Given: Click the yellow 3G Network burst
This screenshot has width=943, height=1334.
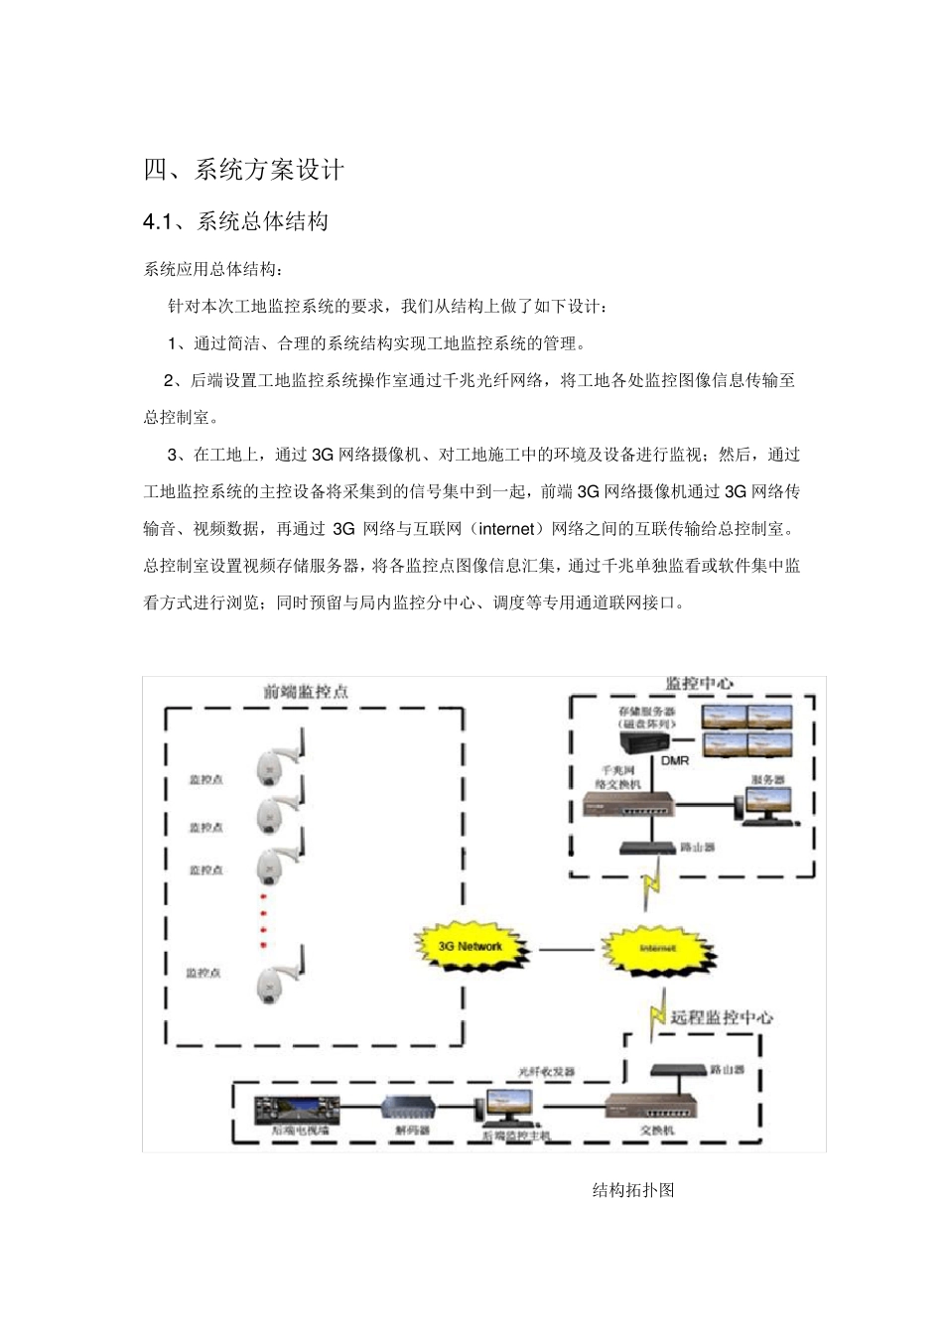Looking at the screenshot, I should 471,947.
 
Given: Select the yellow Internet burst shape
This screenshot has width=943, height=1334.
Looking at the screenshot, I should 656,949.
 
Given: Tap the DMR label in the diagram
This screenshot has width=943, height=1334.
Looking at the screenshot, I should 675,760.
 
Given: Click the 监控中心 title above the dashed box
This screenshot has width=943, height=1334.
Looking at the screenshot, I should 700,684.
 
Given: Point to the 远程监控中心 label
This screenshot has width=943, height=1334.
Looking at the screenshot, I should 722,1017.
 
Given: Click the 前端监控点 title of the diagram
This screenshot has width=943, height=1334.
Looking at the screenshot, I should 306,692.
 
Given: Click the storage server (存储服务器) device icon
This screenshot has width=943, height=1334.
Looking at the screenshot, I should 644,741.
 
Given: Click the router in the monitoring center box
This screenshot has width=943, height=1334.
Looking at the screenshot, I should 647,848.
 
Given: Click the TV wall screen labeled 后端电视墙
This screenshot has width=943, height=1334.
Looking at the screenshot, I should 297,1109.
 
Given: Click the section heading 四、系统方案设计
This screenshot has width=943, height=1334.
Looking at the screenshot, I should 244,170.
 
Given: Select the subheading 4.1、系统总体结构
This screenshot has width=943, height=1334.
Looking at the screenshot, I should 236,222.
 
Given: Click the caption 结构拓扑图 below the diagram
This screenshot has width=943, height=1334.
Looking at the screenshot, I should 633,1190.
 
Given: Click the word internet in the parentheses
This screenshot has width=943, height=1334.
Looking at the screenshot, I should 506,529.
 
